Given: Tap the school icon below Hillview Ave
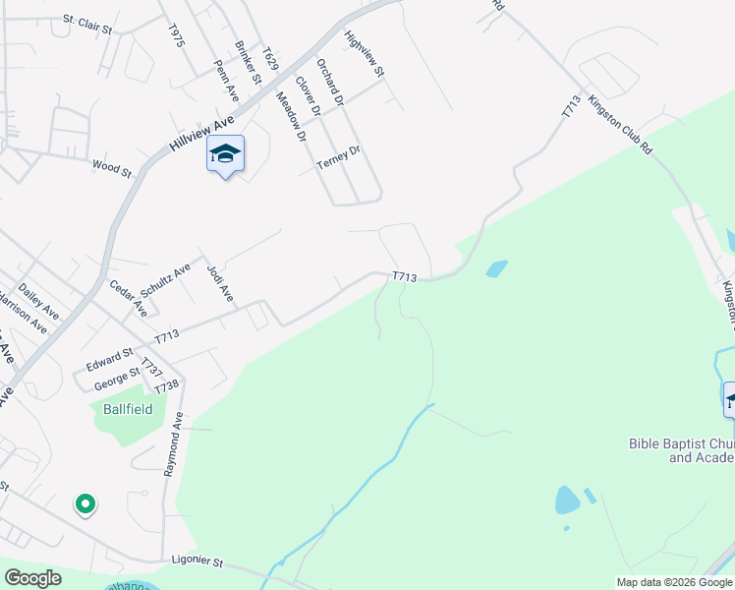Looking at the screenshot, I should pos(225,155).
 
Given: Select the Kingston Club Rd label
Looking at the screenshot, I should pos(620,125).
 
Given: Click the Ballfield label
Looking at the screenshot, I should pos(128,409).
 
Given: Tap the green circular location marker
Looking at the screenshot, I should pos(85,504).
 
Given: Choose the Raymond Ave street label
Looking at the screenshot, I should pos(173,443).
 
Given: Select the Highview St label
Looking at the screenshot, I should pos(364,55).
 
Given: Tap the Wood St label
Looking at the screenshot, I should pos(111,169).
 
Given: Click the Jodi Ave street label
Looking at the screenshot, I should pos(221,282).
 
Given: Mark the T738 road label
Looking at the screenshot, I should pos(166,387).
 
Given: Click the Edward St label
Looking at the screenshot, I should pos(109,358).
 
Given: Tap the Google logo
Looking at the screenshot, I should pos(32,578).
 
